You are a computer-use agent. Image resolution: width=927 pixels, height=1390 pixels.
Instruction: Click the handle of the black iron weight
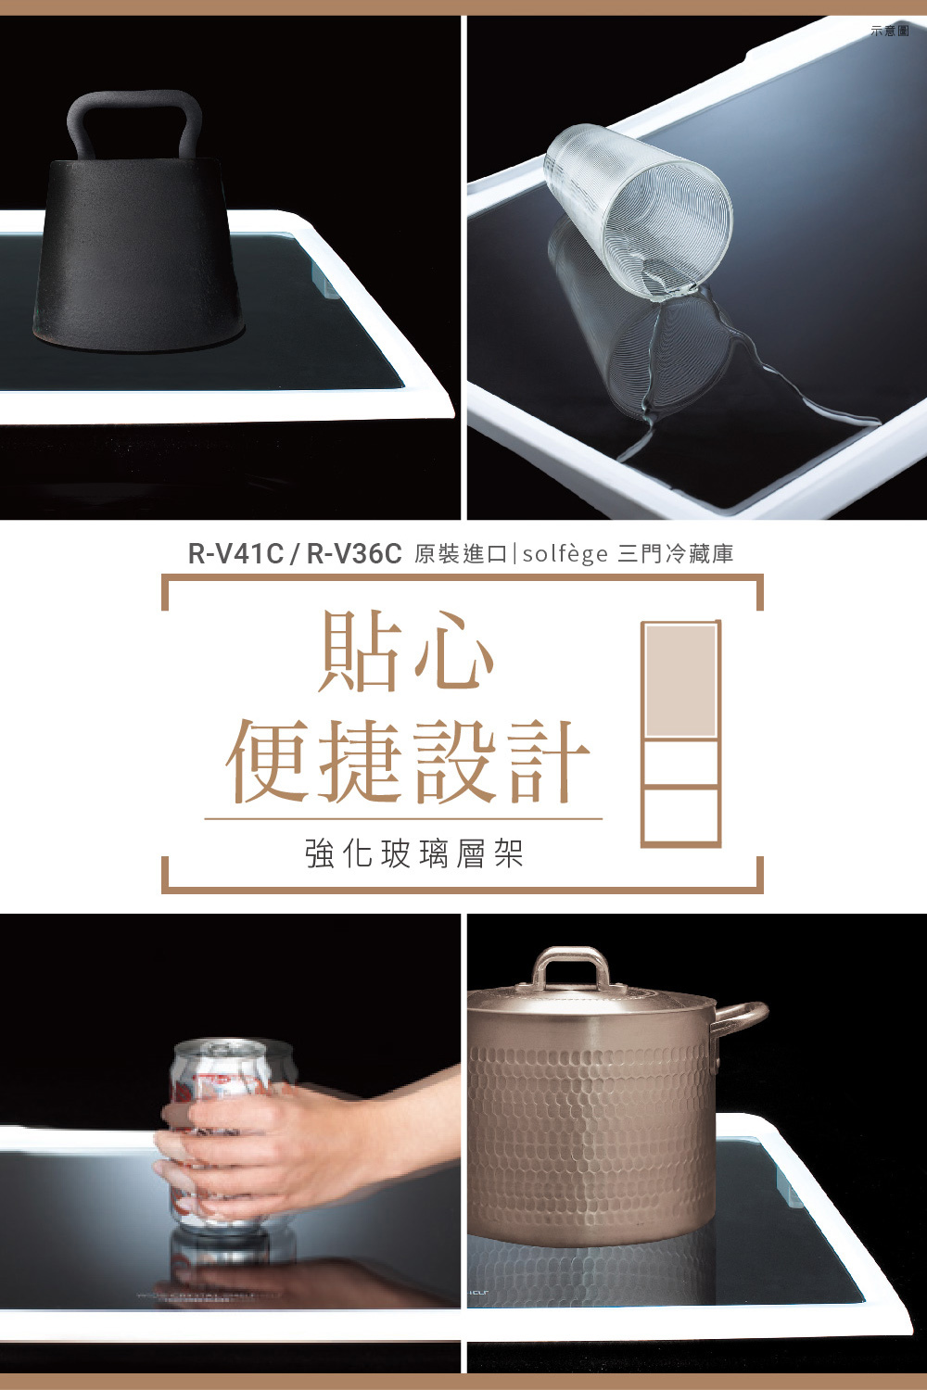tap(133, 102)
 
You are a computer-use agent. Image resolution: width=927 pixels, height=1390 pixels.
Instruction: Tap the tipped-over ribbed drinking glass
tap(640, 213)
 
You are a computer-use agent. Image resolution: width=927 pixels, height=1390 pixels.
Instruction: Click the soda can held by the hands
tap(222, 1075)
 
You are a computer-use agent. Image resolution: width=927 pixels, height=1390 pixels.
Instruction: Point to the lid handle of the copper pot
tap(571, 964)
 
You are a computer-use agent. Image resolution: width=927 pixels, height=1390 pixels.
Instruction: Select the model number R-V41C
tap(235, 554)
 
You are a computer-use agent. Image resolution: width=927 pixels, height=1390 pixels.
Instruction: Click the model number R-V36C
tap(354, 554)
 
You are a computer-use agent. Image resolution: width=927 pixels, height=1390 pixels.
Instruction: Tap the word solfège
tap(565, 554)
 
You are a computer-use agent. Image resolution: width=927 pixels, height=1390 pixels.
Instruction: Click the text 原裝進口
tap(461, 554)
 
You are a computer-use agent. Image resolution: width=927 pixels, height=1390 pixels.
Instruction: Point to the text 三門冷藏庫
tap(676, 554)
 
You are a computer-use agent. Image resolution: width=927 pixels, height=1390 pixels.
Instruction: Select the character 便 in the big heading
tap(268, 760)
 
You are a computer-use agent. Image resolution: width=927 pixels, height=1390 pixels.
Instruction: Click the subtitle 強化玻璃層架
tap(414, 853)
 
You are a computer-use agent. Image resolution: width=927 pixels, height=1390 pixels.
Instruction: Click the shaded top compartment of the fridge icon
tap(680, 680)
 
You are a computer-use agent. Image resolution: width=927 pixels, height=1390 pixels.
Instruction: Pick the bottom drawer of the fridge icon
tap(680, 815)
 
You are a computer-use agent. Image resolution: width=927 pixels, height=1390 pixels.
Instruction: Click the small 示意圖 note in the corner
tap(890, 32)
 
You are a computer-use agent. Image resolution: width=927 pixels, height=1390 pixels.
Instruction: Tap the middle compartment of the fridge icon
tap(680, 762)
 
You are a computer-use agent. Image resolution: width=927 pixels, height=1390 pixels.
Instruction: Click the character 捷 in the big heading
tap(362, 760)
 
